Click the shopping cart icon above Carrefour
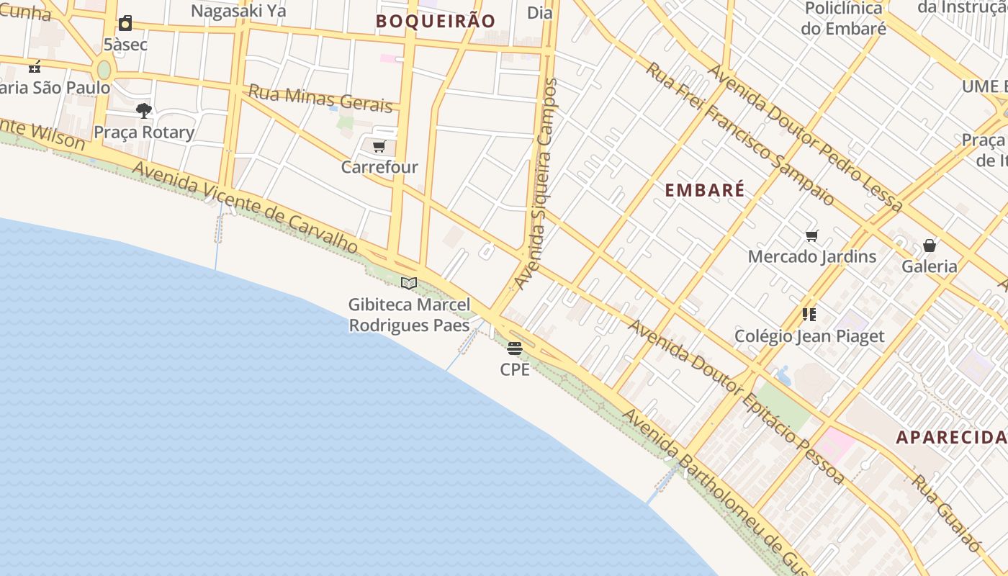click(x=379, y=147)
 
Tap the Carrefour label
click(x=379, y=167)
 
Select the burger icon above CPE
click(x=514, y=349)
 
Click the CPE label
click(x=515, y=369)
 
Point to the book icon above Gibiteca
click(x=409, y=284)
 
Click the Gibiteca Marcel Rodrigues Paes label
click(x=409, y=315)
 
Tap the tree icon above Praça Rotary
click(x=144, y=111)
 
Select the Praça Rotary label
click(x=144, y=132)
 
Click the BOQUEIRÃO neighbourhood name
click(x=436, y=22)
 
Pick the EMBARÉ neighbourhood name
click(x=704, y=191)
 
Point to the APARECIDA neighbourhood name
click(x=950, y=437)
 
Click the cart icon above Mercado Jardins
click(x=812, y=236)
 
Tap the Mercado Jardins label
click(x=812, y=256)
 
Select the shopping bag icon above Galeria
click(x=930, y=246)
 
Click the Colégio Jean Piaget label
click(x=809, y=336)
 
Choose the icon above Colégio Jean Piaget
click(x=809, y=315)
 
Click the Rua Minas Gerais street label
click(x=321, y=99)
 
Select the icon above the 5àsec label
click(x=125, y=24)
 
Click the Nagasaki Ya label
click(x=238, y=11)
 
